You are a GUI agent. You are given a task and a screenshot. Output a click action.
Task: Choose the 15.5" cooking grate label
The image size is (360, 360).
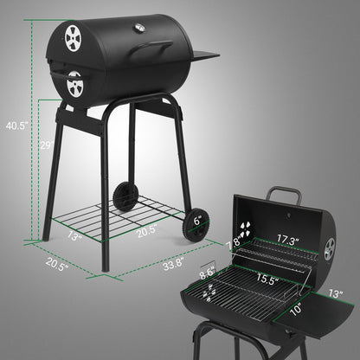[x=267, y=279]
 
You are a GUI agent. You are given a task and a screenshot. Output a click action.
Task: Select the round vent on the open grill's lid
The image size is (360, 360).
[x=331, y=249]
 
